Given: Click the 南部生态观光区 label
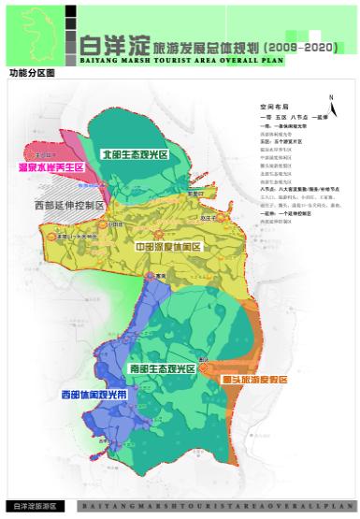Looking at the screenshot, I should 163,370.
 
